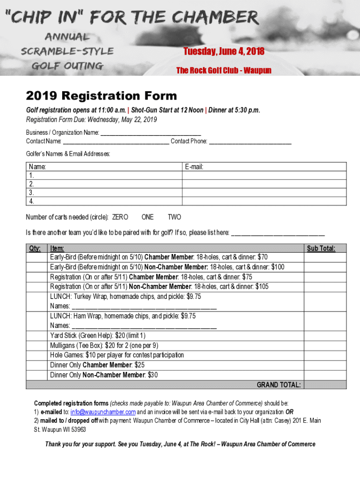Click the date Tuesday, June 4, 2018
point(223,51)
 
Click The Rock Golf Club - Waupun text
point(223,71)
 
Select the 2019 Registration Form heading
point(101,96)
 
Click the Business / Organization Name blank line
point(151,133)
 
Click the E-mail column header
point(194,167)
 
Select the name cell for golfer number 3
point(104,192)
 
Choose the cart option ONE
point(147,217)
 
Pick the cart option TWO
point(174,217)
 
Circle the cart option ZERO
point(120,217)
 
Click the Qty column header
point(35,248)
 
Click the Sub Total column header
point(321,248)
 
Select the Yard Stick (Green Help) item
point(98,335)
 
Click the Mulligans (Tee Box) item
point(104,345)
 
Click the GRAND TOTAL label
point(279,385)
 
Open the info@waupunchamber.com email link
point(103,412)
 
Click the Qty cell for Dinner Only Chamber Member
point(37,365)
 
